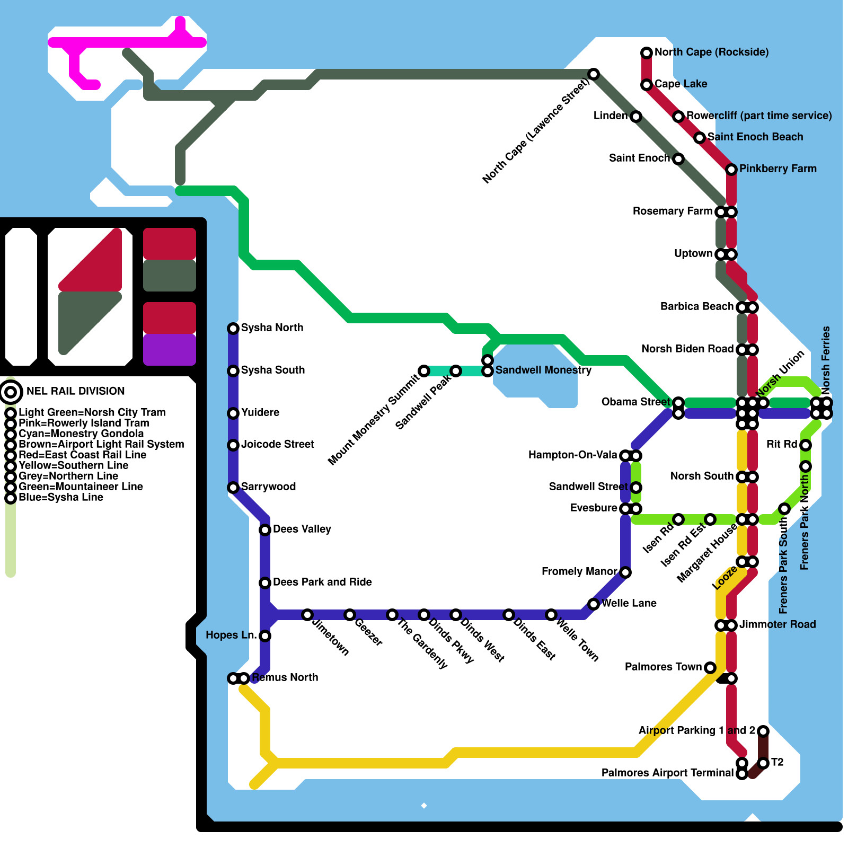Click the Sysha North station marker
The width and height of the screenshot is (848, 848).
coord(233,329)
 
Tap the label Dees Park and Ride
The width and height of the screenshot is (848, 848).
coord(322,582)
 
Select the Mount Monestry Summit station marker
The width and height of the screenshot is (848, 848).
coord(424,371)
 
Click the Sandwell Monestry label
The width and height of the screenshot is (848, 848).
coord(543,370)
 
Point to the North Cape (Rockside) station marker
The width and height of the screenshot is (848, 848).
coord(647,53)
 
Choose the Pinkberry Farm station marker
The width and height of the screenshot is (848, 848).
coord(731,170)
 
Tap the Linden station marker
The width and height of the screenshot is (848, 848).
coord(636,117)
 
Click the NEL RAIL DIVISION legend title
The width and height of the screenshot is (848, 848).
coord(76,391)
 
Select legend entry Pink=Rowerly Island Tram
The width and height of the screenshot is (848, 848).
coord(84,423)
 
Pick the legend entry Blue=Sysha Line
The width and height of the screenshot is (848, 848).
coord(61,497)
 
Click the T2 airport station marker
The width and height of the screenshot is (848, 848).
coord(763,763)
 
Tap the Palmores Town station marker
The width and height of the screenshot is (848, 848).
coord(710,668)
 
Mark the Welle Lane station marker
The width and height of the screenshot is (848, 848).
coord(594,604)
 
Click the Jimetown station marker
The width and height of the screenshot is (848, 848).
coord(307,615)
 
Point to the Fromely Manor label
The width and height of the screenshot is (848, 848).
coord(579,571)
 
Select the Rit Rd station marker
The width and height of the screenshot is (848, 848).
coord(806,445)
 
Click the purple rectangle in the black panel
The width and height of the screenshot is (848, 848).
coord(170,350)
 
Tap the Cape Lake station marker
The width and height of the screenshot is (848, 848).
coord(647,85)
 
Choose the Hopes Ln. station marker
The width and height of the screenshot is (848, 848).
coord(265,636)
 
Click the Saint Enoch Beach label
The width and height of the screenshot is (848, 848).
coord(755,137)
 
